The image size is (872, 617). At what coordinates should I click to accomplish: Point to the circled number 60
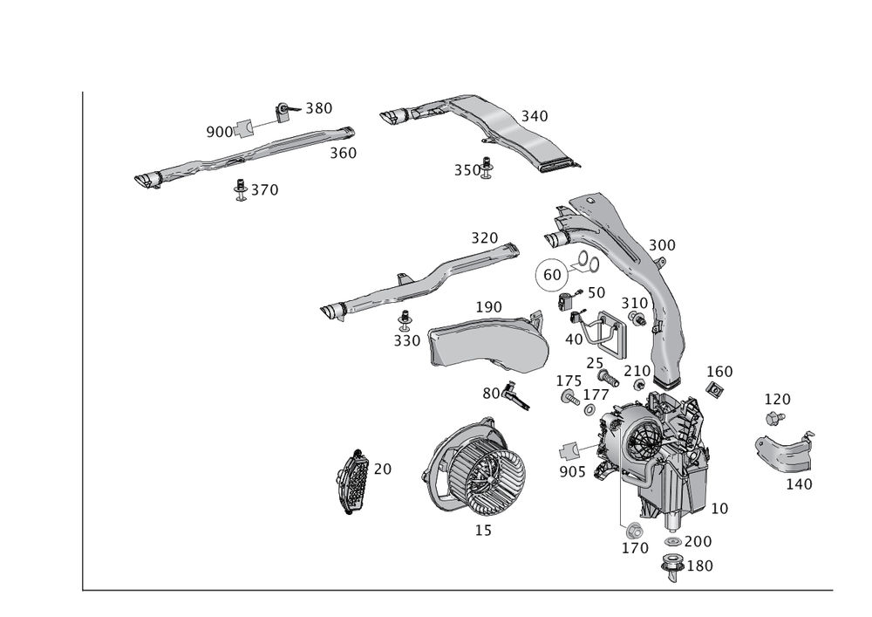point(552,274)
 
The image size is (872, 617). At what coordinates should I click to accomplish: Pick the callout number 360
point(343,153)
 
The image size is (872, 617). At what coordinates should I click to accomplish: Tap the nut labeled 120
point(771,420)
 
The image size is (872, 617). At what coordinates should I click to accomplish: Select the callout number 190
point(488,307)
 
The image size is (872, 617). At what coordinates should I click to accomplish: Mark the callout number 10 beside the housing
point(719,508)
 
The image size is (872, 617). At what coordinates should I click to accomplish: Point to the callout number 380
point(317,108)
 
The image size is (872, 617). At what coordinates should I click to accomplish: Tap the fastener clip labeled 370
point(242,190)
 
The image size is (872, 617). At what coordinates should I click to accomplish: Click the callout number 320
point(484,237)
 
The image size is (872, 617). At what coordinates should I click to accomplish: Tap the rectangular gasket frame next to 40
point(605,336)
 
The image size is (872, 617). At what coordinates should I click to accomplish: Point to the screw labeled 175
point(569,398)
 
